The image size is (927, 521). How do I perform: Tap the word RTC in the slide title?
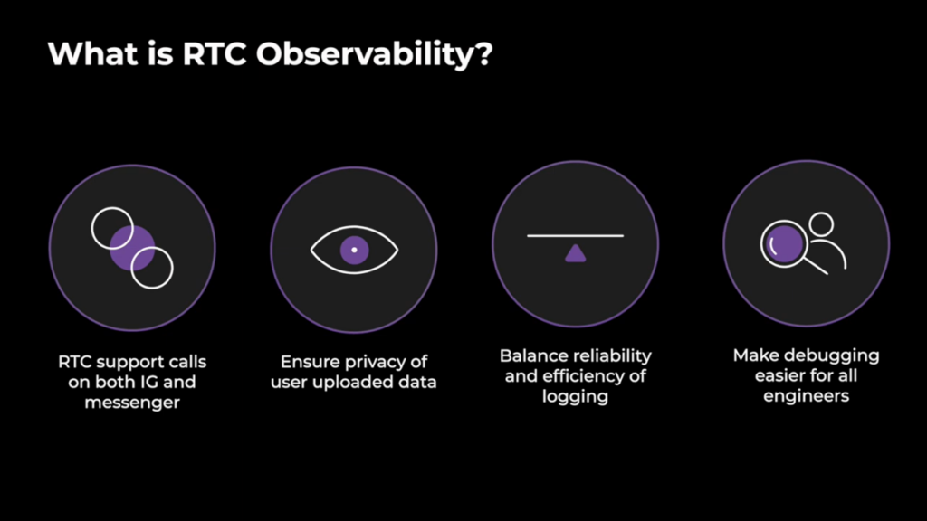click(214, 53)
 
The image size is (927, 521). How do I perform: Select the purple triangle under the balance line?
click(575, 254)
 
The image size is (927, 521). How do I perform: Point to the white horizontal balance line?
click(575, 236)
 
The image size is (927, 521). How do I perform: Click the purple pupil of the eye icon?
click(355, 250)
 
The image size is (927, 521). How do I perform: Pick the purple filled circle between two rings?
click(132, 248)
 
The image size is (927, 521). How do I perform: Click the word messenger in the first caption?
click(132, 403)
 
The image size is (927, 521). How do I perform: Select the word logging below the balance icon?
click(575, 397)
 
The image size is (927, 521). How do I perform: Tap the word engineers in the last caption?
click(806, 396)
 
